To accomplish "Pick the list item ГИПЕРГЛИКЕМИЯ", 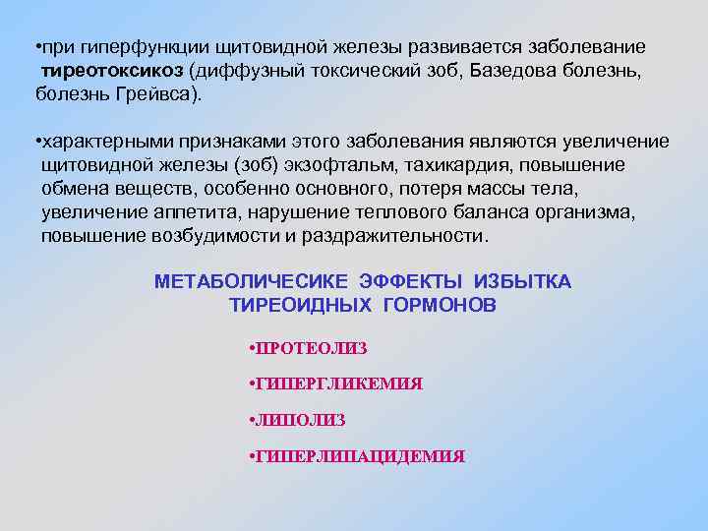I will tap(339, 384).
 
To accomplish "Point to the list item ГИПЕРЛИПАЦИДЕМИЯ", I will tap(361, 457).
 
